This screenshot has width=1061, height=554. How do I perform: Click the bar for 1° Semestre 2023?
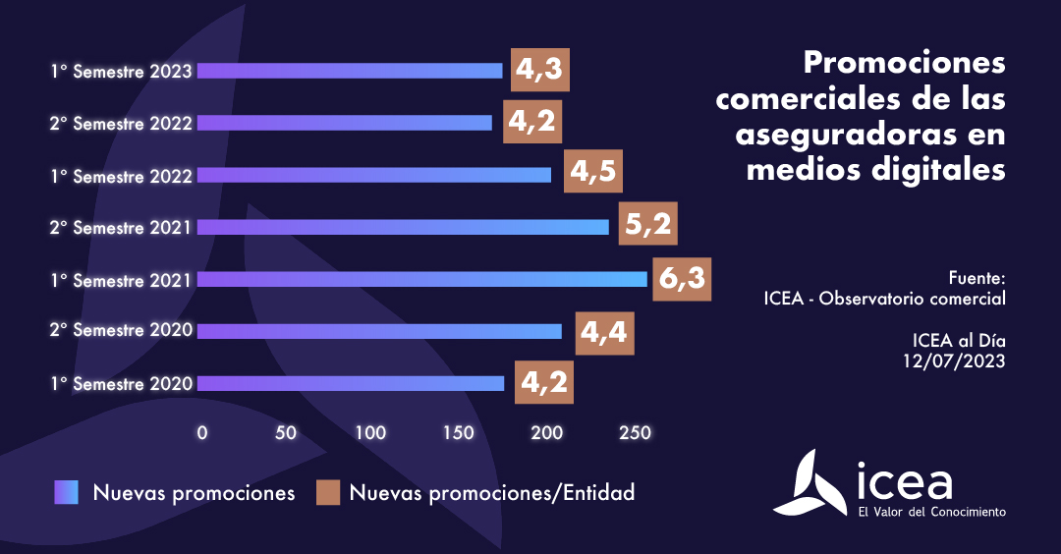tap(350, 71)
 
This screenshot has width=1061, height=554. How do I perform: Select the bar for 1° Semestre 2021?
tap(422, 279)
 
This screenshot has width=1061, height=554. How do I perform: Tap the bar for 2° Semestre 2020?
tap(379, 331)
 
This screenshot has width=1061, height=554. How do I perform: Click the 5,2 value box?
tap(648, 227)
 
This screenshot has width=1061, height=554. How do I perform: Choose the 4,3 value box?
tap(540, 71)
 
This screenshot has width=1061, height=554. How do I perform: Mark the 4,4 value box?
tap(604, 331)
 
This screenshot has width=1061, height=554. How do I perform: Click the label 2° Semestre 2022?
tap(124, 124)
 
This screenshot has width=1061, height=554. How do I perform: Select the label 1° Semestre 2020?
tap(124, 383)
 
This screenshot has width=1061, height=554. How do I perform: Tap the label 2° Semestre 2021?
tap(124, 227)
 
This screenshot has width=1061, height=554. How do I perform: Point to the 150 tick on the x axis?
tap(457, 432)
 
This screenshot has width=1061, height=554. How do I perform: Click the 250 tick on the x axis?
tap(629, 432)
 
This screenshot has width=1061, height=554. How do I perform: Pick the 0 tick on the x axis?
tap(202, 432)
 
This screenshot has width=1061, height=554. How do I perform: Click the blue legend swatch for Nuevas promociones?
tap(66, 492)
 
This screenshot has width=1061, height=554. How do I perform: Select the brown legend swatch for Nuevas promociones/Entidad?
tap(327, 492)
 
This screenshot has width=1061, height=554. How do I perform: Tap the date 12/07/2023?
tap(955, 360)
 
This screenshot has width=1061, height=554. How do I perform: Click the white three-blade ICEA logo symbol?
tap(810, 482)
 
